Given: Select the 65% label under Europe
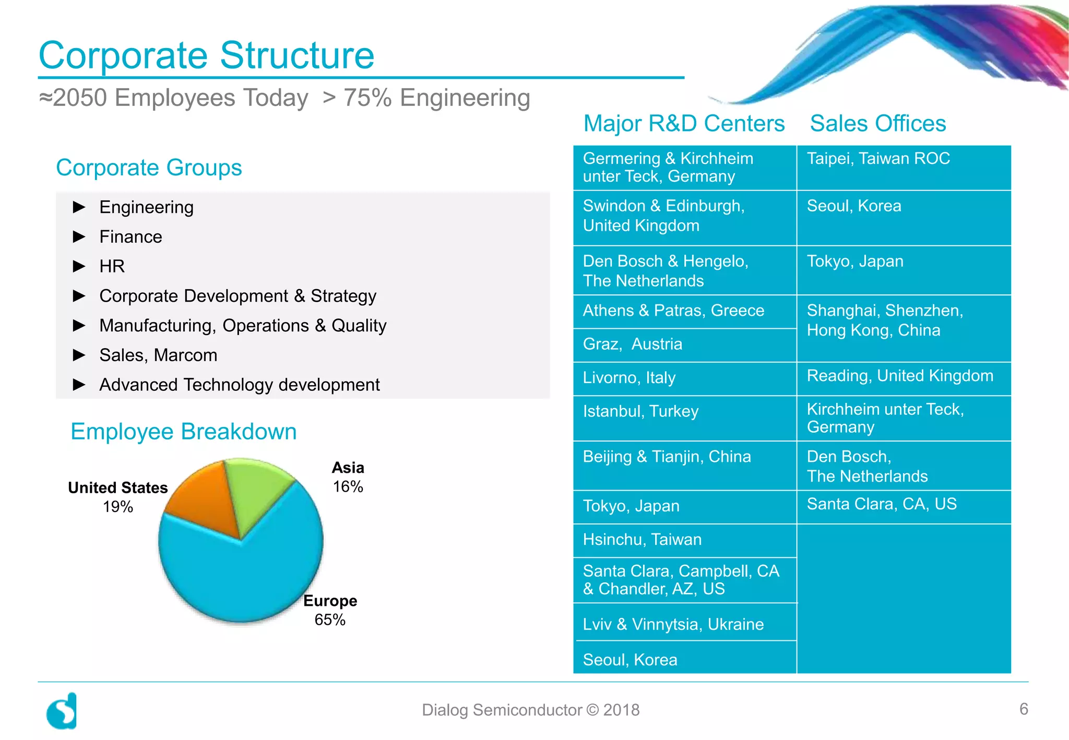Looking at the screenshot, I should tap(330, 620).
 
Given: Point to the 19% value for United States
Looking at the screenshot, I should tap(118, 507).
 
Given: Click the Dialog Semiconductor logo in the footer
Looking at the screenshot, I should tap(62, 711).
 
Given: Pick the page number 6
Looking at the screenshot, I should tap(1024, 709).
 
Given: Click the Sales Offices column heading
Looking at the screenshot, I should tap(878, 124).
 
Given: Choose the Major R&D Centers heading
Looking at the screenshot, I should tap(684, 124).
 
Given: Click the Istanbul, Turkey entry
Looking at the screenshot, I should tap(640, 412).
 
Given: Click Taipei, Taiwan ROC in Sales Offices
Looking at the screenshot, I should tap(878, 159).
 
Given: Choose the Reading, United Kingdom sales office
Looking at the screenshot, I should tap(900, 376).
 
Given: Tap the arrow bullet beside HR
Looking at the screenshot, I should tap(79, 267).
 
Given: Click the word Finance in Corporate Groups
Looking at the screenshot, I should tap(131, 237).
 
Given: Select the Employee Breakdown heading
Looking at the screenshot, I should tap(184, 432).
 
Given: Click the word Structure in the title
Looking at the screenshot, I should tap(297, 55).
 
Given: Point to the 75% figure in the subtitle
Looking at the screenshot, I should tap(367, 98).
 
